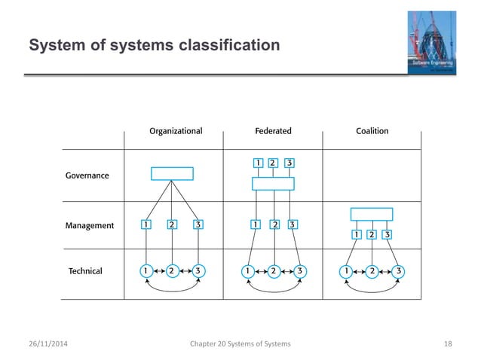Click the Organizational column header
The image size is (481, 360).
click(176, 131)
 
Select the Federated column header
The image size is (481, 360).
click(273, 131)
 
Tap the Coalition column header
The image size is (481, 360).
click(372, 131)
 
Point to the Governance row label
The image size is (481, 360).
click(87, 175)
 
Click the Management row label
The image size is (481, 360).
click(89, 224)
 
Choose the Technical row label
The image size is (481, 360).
click(85, 270)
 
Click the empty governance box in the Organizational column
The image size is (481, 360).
click(172, 174)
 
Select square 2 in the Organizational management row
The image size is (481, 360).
click(172, 224)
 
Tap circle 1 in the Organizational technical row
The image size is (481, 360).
click(146, 270)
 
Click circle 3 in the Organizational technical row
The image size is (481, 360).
click(198, 270)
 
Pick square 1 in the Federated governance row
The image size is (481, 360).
click(257, 163)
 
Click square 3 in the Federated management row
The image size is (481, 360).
click(291, 224)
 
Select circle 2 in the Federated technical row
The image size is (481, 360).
click(274, 270)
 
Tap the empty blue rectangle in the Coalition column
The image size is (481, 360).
click(372, 214)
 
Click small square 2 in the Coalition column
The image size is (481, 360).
click(372, 234)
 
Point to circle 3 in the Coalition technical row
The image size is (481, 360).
click(398, 270)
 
